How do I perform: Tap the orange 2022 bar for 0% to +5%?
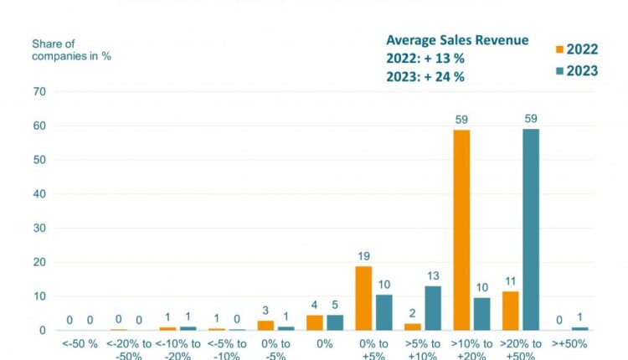pyautogui.click(x=363, y=298)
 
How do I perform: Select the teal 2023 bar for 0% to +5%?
pyautogui.click(x=383, y=312)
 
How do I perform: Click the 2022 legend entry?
pyautogui.click(x=576, y=49)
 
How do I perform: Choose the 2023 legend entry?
pyautogui.click(x=576, y=70)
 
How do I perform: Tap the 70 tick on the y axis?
pyautogui.click(x=39, y=91)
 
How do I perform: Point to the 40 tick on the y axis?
pyautogui.click(x=39, y=194)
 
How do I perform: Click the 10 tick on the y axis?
pyautogui.click(x=39, y=296)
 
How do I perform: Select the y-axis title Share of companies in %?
pyautogui.click(x=71, y=49)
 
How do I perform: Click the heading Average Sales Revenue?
pyautogui.click(x=456, y=40)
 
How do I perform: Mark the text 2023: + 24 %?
pyautogui.click(x=425, y=76)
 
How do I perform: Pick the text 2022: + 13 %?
pyautogui.click(x=425, y=59)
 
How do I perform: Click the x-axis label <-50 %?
pyautogui.click(x=80, y=344)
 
